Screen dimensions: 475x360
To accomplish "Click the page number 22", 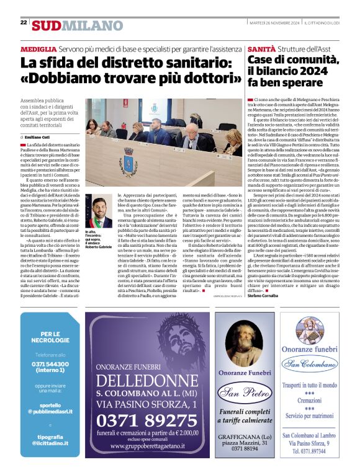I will [x=24, y=22].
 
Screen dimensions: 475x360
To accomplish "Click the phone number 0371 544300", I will [x=50, y=364].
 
